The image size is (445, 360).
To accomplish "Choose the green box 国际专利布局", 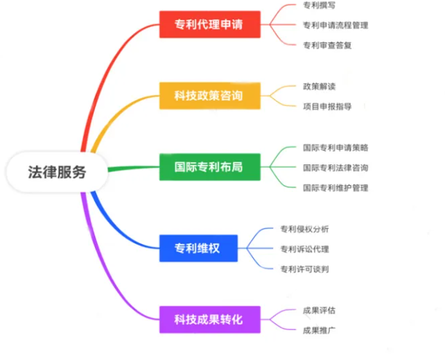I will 209,167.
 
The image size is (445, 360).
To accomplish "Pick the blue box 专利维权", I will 198,247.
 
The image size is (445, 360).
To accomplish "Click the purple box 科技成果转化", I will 209,320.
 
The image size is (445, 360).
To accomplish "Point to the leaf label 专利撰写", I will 319,6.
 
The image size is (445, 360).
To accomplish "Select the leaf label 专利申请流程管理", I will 335,25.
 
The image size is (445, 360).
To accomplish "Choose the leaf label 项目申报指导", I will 327,107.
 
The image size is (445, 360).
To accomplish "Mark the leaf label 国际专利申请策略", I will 335,147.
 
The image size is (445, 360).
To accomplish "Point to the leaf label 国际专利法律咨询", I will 335,167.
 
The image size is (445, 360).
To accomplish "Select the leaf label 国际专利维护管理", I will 335,187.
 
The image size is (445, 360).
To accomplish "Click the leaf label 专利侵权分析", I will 304,228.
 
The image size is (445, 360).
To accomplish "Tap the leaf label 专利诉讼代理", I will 304,248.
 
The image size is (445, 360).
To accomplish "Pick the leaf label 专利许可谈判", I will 304,268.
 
